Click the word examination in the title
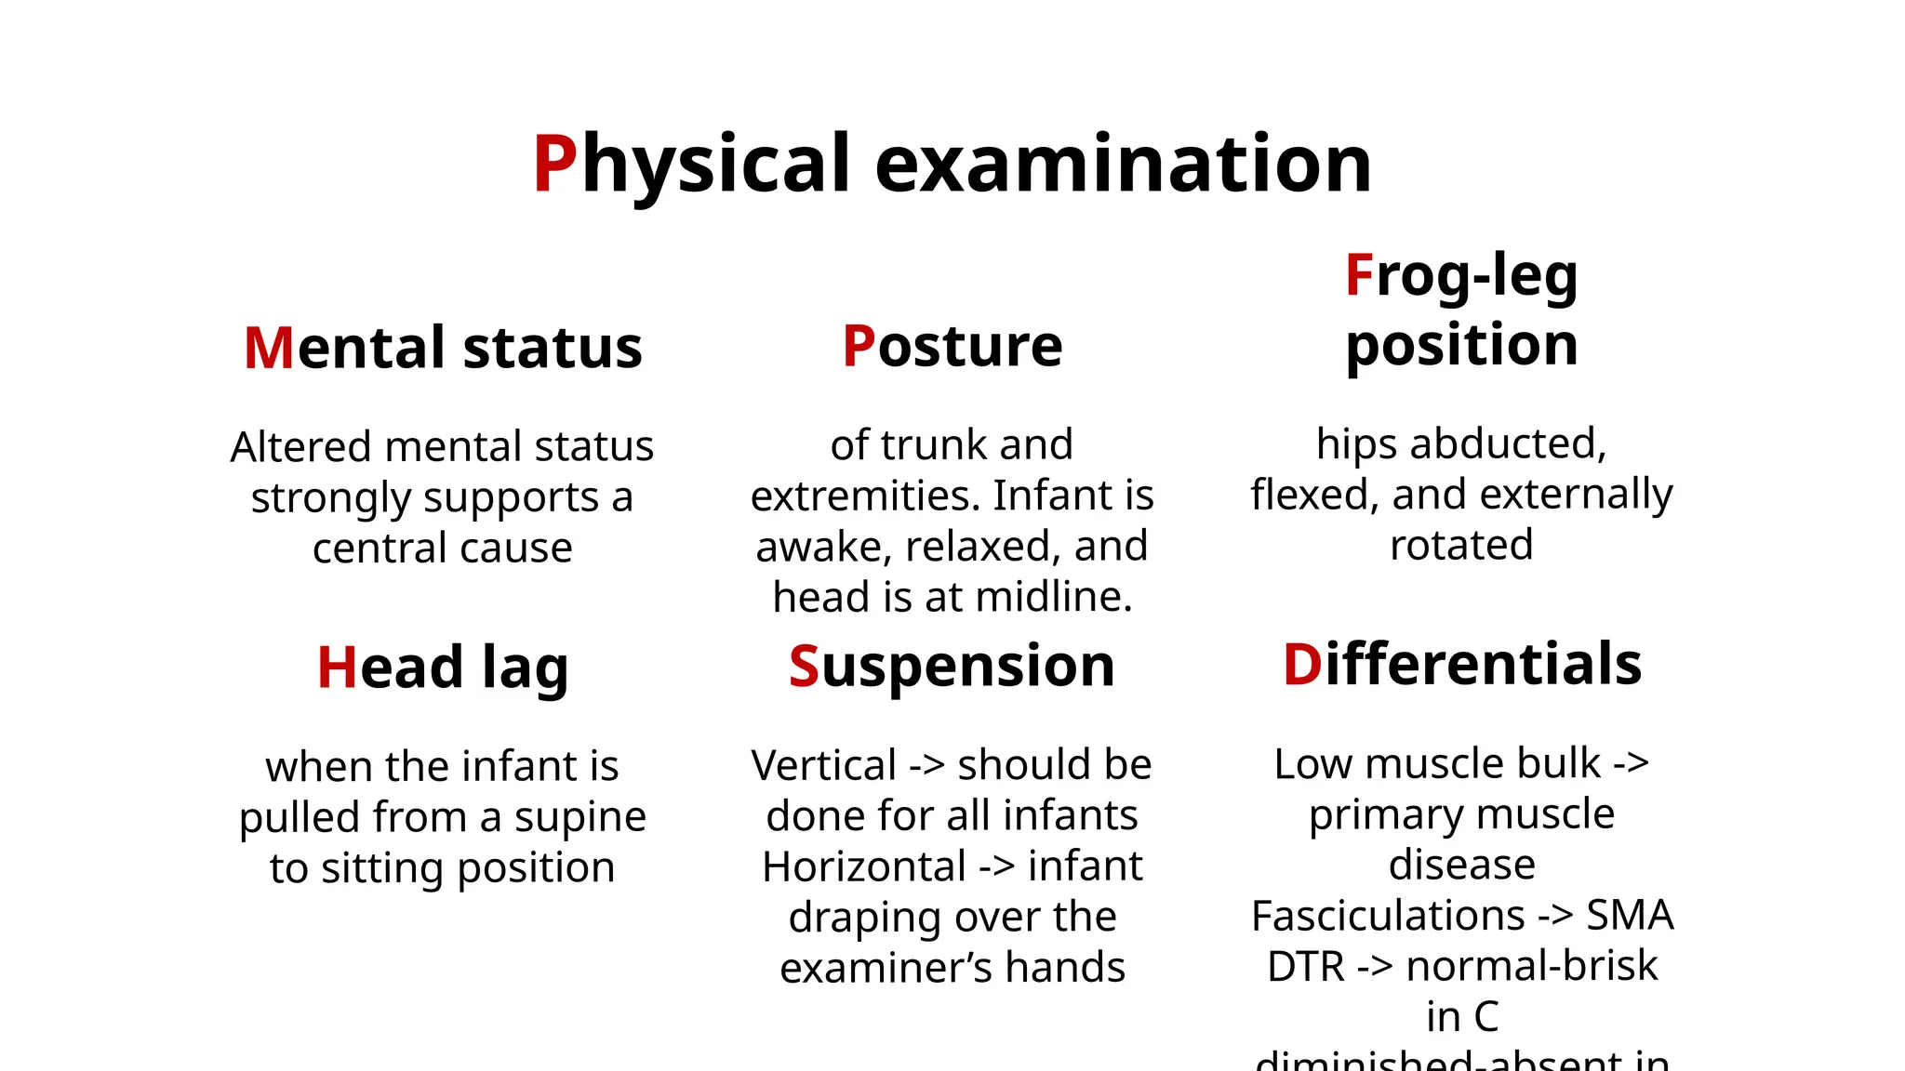click(1123, 164)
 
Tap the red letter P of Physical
click(555, 164)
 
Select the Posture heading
click(952, 346)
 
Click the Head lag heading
click(442, 668)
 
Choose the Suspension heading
click(952, 666)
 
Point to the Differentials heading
click(1461, 664)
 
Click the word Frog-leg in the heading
click(1461, 275)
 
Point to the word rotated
click(1461, 546)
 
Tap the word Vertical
click(823, 766)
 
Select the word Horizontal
click(864, 867)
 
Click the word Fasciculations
click(1387, 917)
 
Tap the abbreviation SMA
click(1630, 917)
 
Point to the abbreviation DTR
click(1305, 967)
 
